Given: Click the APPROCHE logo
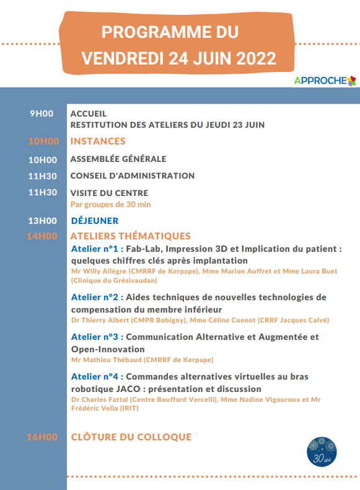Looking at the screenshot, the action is tap(325, 81).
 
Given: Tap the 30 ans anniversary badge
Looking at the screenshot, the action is tap(322, 452).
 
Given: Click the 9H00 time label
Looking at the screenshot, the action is tap(42, 114).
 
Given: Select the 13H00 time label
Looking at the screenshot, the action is tap(43, 221).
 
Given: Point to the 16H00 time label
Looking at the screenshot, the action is tap(42, 437).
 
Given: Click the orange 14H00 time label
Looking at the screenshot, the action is tap(42, 236).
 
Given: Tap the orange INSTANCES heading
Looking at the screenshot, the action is tap(98, 141).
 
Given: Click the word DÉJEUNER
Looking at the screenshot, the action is tap(95, 221).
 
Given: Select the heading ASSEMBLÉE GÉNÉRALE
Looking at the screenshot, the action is tap(118, 159).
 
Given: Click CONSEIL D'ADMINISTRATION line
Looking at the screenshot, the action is tap(133, 176).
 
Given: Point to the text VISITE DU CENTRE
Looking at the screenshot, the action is tap(109, 193).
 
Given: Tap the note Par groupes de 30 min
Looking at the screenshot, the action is tap(110, 205).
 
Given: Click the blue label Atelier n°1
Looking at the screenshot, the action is tap(95, 249).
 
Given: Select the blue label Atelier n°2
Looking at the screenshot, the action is tap(95, 297).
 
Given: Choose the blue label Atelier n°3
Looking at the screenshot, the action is tap(95, 337).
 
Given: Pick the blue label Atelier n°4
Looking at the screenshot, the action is tap(95, 376).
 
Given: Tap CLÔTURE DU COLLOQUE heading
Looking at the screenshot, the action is tap(131, 437).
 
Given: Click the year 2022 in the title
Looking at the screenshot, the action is tap(256, 58).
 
